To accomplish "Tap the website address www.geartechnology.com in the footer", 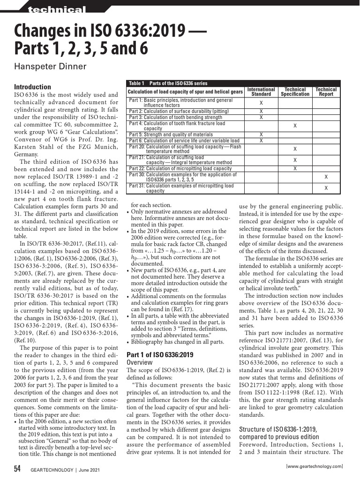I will [314, 466].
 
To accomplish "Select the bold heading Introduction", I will [32, 87].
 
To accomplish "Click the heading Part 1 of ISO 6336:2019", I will [160, 354].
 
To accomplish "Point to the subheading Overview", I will [140, 362].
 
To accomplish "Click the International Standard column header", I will [261, 91].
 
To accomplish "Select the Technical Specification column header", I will [295, 91].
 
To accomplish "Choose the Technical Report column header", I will [326, 91].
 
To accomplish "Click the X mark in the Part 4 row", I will [295, 126].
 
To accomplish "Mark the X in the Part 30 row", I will [326, 177].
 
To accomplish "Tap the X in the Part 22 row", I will [295, 168].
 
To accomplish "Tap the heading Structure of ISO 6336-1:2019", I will [278, 429].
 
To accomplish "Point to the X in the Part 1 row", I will [261, 103].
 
